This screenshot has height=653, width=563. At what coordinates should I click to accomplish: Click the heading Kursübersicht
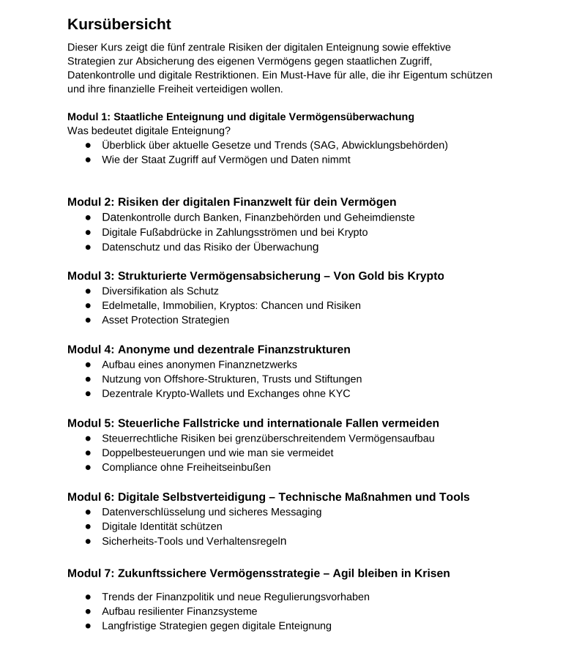click(119, 25)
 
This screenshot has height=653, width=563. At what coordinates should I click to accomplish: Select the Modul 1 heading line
click(240, 116)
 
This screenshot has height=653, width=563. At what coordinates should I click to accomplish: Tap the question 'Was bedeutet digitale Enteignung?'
click(149, 130)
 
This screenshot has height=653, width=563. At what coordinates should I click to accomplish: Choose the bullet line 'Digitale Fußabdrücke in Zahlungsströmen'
click(234, 232)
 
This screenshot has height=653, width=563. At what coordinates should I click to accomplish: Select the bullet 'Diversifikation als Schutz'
click(160, 291)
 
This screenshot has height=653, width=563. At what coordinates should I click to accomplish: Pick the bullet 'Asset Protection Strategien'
click(165, 320)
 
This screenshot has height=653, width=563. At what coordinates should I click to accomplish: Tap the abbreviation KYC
click(338, 394)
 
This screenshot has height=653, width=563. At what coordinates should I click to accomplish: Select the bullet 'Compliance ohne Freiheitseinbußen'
click(186, 468)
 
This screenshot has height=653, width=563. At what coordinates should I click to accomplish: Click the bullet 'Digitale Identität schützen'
click(162, 526)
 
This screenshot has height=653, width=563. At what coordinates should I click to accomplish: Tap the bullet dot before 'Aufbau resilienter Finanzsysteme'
click(88, 611)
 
